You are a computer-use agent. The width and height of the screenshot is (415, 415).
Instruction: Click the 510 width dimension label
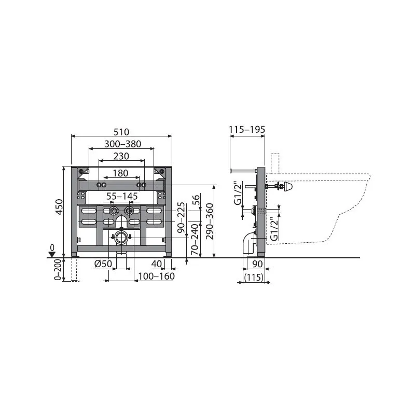click(121, 132)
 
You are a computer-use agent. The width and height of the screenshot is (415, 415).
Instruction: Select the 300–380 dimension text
click(122, 144)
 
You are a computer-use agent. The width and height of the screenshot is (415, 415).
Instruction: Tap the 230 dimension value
click(121, 156)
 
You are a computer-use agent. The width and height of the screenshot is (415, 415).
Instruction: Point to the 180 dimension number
click(120, 173)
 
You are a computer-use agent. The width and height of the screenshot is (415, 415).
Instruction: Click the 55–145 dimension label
click(122, 197)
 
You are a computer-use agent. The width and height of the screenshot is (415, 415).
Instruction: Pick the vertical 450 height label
click(59, 207)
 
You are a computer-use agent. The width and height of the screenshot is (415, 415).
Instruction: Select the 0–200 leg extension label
click(58, 270)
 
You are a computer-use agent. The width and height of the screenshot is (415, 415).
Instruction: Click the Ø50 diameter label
click(103, 264)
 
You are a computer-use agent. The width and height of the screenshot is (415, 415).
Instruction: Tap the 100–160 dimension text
click(157, 276)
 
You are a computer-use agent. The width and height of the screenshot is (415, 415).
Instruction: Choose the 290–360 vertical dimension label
click(210, 222)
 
